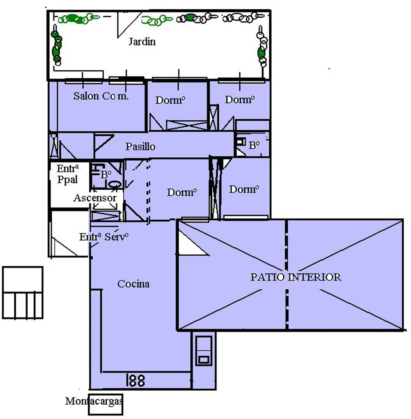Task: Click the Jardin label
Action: point(142,42)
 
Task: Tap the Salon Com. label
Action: point(101,96)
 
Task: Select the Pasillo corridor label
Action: point(140,146)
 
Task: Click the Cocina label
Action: point(134,284)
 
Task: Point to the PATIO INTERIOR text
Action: point(296,277)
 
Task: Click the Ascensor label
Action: point(95,198)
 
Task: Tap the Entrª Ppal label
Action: point(68,174)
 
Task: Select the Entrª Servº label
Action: point(104,237)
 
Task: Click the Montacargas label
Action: point(94,401)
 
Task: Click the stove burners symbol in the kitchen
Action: point(136,380)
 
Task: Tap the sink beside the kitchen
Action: point(204,351)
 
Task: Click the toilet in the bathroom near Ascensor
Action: point(115,184)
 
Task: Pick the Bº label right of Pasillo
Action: point(254,145)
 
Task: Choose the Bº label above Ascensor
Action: point(106,174)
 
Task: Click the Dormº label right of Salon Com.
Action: point(170,100)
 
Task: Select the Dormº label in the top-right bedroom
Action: point(239,99)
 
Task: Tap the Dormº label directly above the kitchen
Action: point(182,192)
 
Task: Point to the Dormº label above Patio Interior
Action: point(244,189)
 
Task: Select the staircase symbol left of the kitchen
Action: point(23,293)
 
